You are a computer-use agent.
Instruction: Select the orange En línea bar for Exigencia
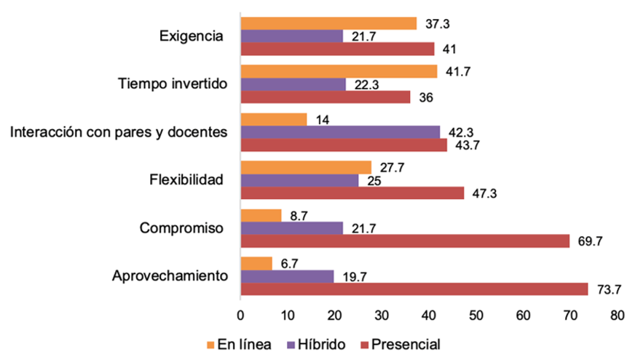click(x=328, y=24)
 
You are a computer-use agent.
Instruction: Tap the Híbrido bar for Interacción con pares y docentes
click(x=340, y=132)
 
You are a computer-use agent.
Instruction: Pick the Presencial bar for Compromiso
click(x=405, y=240)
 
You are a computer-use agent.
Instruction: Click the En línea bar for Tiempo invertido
click(x=339, y=71)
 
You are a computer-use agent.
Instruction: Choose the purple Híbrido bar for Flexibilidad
click(x=299, y=180)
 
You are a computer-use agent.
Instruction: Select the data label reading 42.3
click(x=458, y=132)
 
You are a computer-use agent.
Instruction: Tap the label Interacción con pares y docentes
click(x=119, y=131)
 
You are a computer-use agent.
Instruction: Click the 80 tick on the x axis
click(x=618, y=316)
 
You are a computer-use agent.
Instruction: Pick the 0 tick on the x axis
click(x=240, y=316)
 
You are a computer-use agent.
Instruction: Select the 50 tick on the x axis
click(x=476, y=316)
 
